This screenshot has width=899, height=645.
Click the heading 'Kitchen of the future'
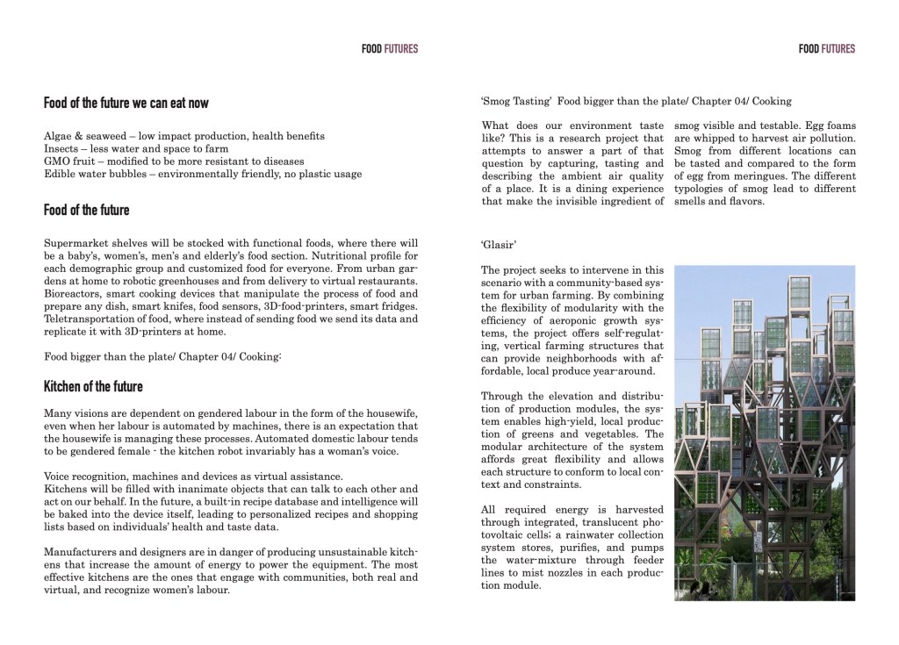click(x=93, y=387)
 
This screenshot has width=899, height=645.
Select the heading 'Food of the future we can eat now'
click(x=126, y=104)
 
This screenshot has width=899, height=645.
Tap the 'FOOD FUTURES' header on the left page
click(x=389, y=49)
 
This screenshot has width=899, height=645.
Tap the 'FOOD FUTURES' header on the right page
click(x=826, y=49)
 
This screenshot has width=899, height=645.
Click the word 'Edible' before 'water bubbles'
click(x=60, y=174)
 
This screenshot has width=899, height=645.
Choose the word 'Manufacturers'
click(x=81, y=552)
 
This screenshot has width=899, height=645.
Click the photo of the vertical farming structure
click(x=764, y=426)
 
